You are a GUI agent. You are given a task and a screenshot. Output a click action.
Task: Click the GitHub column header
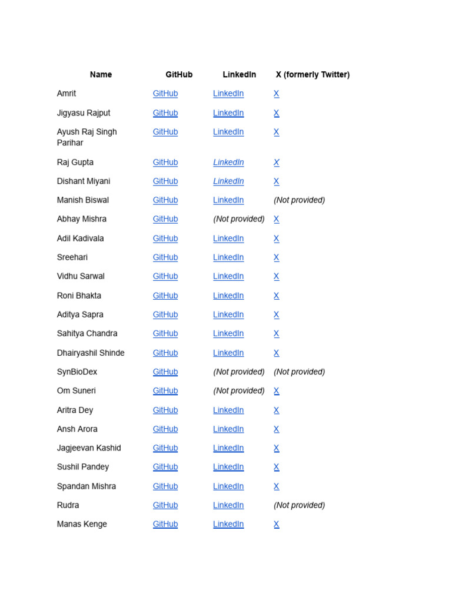click(x=179, y=75)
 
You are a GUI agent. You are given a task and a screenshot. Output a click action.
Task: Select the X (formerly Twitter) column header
click(x=313, y=75)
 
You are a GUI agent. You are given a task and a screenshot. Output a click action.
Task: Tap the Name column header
click(x=101, y=75)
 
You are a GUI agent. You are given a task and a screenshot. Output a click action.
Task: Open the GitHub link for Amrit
click(x=165, y=94)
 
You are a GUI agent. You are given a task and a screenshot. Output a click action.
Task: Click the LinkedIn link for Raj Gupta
click(x=228, y=163)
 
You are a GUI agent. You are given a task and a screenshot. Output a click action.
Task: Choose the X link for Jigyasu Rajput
click(x=277, y=113)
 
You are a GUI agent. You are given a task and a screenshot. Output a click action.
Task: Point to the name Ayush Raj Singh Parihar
click(x=87, y=137)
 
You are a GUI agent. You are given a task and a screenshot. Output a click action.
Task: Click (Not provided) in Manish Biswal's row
click(x=299, y=200)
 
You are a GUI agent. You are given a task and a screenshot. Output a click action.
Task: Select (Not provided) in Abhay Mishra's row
click(x=239, y=219)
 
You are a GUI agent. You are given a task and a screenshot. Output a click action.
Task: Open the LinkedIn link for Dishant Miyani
click(x=228, y=181)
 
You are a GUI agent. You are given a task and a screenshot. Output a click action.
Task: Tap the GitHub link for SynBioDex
click(x=165, y=372)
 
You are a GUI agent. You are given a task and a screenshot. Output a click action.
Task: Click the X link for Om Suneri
click(x=277, y=391)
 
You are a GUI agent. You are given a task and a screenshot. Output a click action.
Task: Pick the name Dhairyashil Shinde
click(x=91, y=353)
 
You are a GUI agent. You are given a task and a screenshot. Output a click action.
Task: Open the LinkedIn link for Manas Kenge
click(x=228, y=525)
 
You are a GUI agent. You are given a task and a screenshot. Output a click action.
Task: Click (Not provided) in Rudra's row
click(x=299, y=505)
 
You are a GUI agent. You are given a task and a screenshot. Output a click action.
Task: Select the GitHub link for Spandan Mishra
click(x=165, y=486)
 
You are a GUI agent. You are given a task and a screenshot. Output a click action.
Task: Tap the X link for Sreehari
click(x=277, y=257)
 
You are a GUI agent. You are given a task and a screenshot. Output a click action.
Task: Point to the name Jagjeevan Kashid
click(x=89, y=448)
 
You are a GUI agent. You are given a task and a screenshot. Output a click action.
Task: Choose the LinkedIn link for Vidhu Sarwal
click(x=228, y=276)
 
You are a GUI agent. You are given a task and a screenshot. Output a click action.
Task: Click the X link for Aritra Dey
click(x=277, y=410)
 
